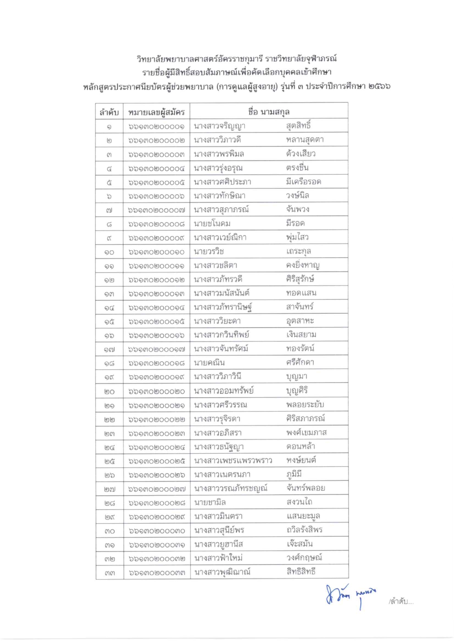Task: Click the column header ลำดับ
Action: [109, 112]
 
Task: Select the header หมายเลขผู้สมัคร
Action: [156, 112]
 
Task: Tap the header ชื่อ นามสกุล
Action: [269, 112]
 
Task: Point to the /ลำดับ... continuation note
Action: [401, 602]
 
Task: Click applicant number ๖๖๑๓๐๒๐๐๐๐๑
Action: [156, 126]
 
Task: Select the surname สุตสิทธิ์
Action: [299, 126]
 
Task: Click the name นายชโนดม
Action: [212, 224]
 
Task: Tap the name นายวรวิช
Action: [209, 251]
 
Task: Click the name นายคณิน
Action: [209, 363]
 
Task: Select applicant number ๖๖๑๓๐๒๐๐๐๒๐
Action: [156, 391]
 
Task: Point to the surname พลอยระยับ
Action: [305, 405]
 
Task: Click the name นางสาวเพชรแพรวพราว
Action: [233, 461]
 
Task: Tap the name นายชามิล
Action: [210, 502]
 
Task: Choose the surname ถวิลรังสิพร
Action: [304, 530]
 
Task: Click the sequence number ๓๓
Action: [109, 573]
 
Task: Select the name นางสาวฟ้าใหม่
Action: [218, 558]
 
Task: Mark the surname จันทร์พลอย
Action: [306, 488]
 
